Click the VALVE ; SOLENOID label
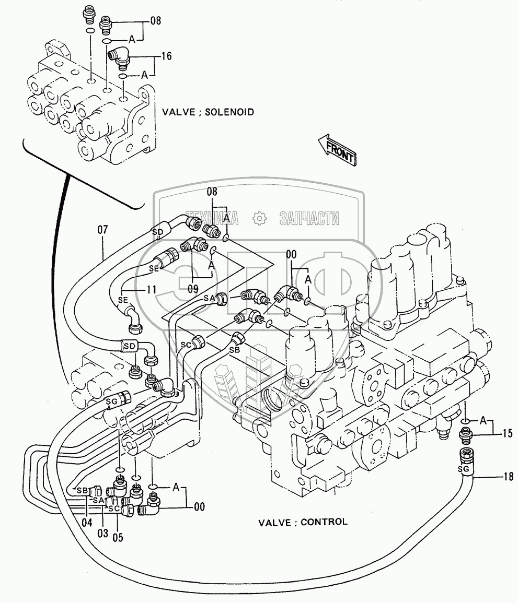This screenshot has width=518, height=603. pyautogui.click(x=208, y=112)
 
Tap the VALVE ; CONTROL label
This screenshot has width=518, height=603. pyautogui.click(x=303, y=522)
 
